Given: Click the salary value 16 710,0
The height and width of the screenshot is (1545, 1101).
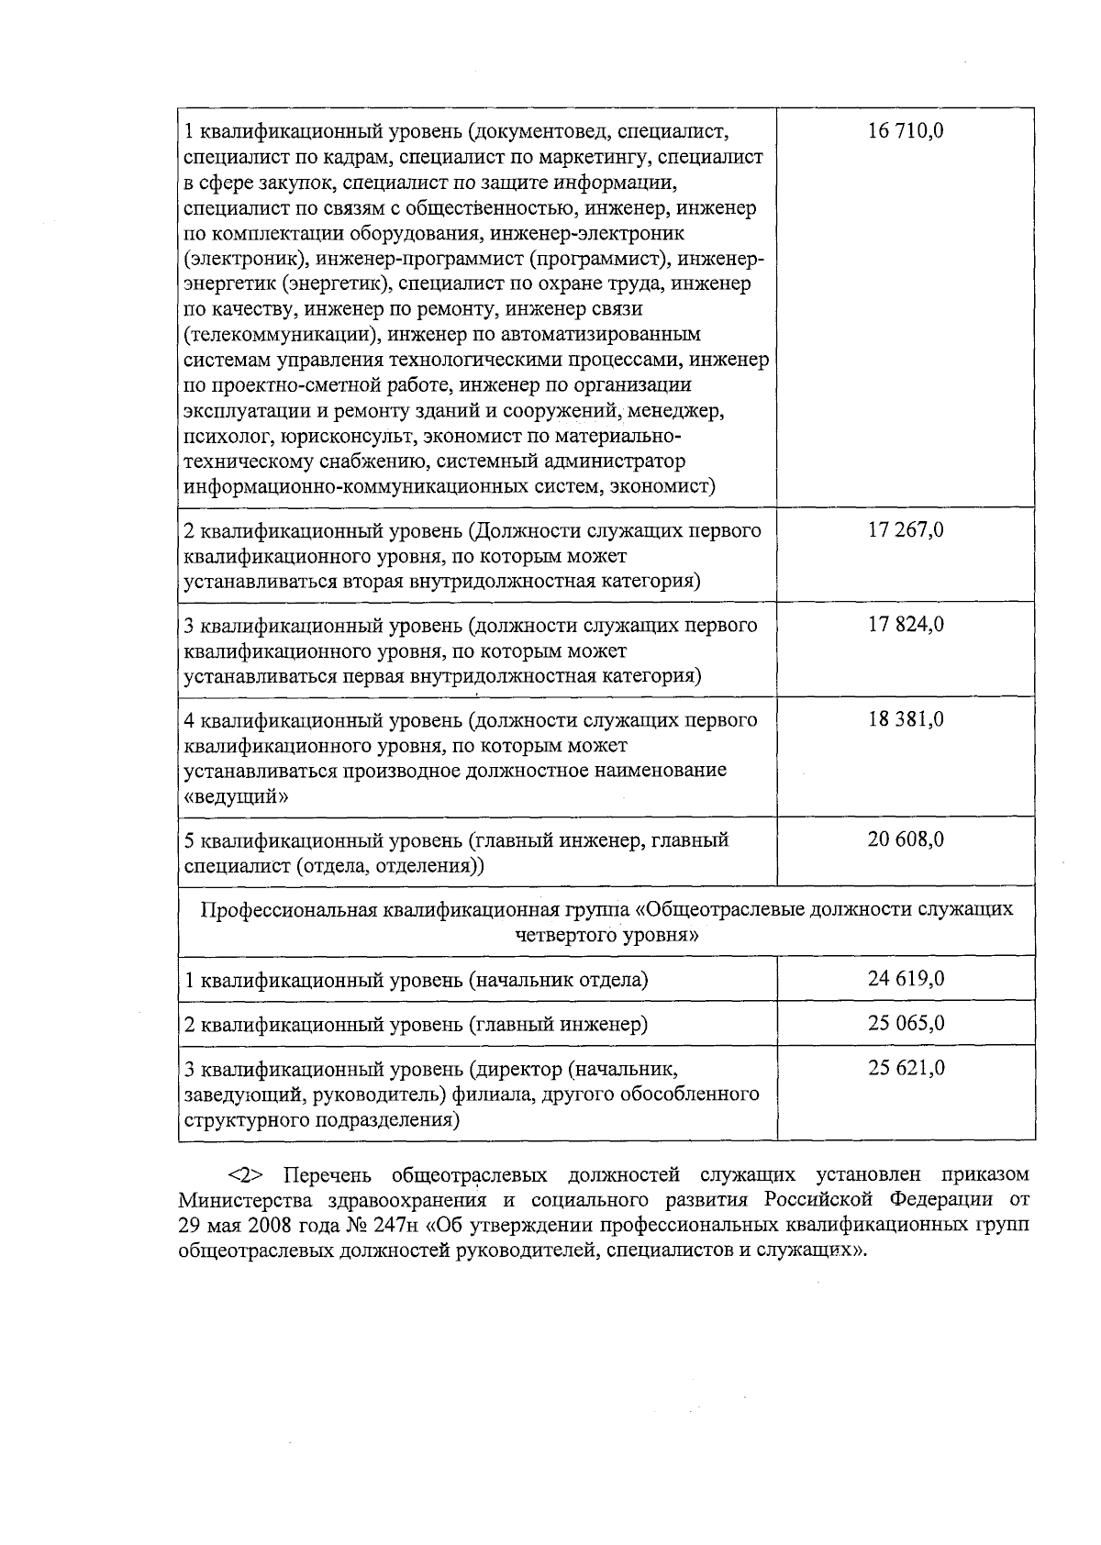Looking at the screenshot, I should point(906,131).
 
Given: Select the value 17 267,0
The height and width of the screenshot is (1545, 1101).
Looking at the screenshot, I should point(906,530).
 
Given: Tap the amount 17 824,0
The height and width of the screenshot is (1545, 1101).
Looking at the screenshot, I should point(906,625).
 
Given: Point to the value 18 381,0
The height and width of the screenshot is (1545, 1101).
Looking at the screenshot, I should point(906,719).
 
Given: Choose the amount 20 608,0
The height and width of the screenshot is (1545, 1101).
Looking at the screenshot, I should point(906,839).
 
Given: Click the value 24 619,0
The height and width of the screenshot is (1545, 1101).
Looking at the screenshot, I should point(906,979).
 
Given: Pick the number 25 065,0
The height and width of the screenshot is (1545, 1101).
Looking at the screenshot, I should point(906,1023).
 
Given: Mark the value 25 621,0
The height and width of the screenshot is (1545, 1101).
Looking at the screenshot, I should point(906,1068).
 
